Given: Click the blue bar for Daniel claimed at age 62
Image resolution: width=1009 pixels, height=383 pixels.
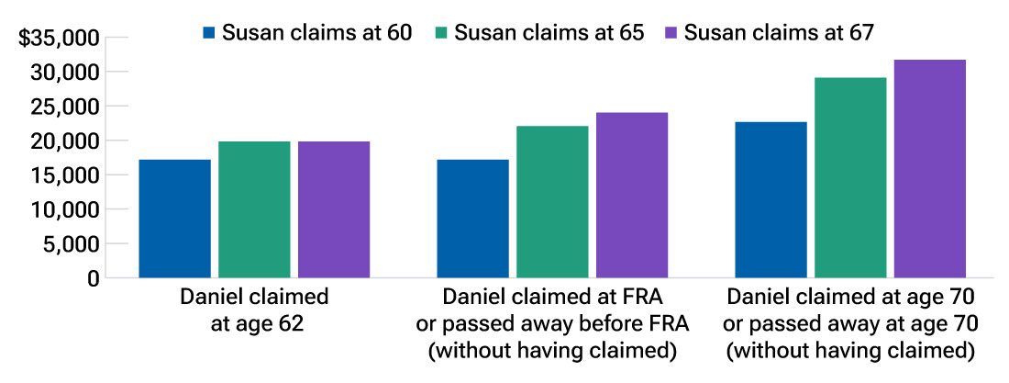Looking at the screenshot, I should [174, 219].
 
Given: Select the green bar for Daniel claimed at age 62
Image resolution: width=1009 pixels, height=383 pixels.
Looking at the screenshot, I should [254, 209].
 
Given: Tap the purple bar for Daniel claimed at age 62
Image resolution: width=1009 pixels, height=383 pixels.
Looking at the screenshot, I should [334, 209].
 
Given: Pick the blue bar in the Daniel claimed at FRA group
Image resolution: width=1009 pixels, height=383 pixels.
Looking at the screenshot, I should [472, 219].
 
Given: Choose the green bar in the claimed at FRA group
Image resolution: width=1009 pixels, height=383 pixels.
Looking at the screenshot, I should [552, 202].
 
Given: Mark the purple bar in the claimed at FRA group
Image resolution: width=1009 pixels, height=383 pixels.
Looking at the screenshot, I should [632, 195].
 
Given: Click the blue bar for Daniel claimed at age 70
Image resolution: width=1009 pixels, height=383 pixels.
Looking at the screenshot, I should [771, 199].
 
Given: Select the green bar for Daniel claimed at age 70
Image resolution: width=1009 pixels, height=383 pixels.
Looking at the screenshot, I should [850, 177].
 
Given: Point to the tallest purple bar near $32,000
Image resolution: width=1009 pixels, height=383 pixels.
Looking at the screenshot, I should [930, 169].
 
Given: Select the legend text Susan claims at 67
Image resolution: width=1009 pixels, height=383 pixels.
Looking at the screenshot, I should [779, 33].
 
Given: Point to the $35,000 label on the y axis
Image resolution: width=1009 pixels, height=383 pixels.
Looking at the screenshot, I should [59, 39].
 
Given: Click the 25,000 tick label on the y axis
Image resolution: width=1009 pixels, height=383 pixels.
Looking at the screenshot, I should [63, 107].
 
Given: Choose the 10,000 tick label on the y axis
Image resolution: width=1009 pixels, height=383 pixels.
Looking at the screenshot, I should [63, 209].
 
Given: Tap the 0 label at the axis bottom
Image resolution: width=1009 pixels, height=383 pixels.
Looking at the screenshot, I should [93, 278].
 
